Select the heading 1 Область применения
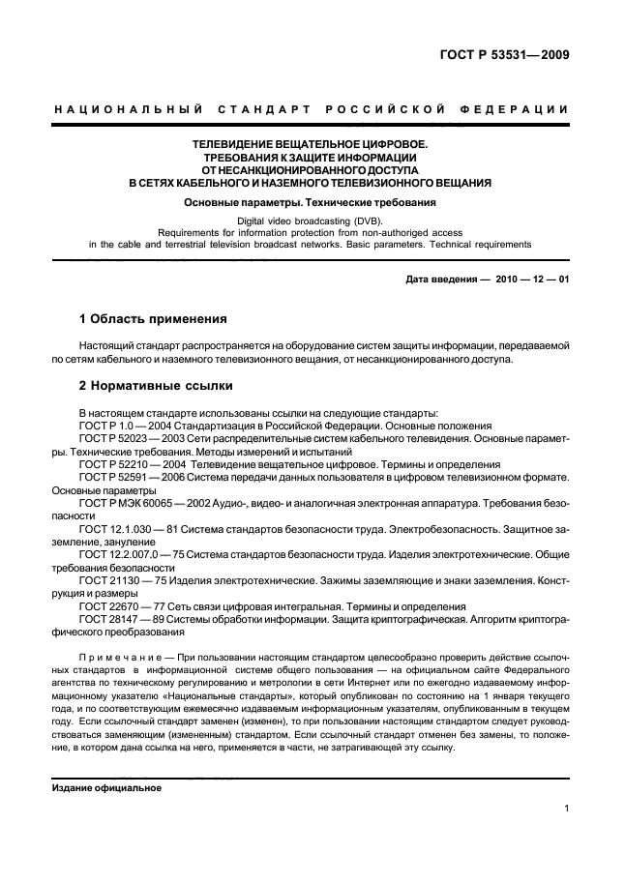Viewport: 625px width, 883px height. [x=153, y=318]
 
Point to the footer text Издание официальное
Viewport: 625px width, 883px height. [x=105, y=788]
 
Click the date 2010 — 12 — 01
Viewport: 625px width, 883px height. [x=533, y=280]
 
